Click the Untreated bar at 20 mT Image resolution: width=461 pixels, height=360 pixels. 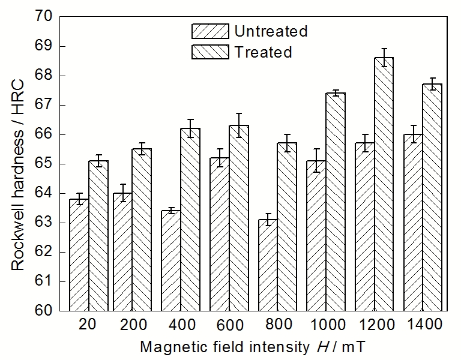(x=79, y=255)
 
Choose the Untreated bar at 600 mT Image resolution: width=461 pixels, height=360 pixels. (x=219, y=234)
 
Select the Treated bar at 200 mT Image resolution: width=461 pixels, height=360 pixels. (x=142, y=230)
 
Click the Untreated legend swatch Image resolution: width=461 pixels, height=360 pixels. (x=210, y=31)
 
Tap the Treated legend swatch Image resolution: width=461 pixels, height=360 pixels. (x=210, y=52)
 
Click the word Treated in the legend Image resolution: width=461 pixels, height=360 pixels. (x=263, y=52)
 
